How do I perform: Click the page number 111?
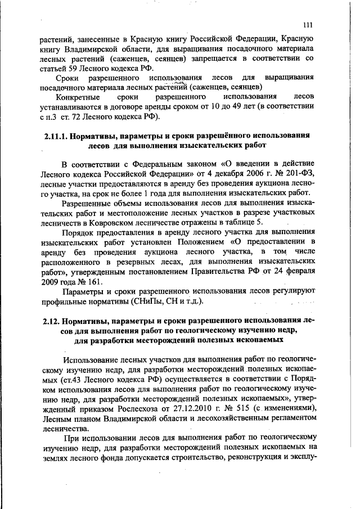click(307, 24)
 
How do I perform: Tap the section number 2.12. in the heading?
click(53, 322)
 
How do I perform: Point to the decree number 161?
click(80, 281)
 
